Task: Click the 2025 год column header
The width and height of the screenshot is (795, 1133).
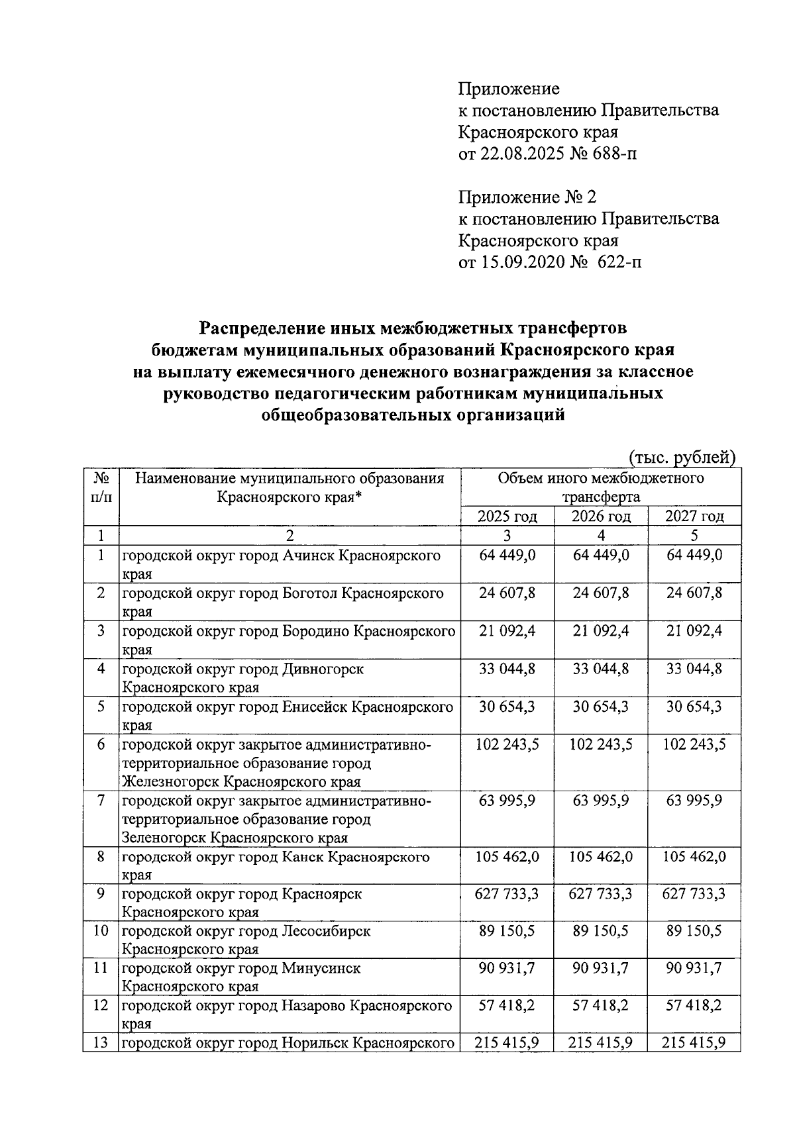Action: click(507, 516)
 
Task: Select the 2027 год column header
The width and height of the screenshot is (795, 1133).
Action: click(694, 516)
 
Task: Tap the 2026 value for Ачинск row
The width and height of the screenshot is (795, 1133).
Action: click(601, 555)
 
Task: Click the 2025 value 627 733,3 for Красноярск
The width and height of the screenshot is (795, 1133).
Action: click(507, 894)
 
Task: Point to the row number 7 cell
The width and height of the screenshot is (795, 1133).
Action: click(101, 801)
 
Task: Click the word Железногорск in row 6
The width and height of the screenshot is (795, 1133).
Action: click(171, 782)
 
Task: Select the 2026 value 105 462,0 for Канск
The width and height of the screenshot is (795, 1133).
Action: click(601, 857)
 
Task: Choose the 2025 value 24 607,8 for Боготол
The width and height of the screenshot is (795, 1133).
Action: click(507, 592)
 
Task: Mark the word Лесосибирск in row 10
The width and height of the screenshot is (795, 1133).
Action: click(326, 931)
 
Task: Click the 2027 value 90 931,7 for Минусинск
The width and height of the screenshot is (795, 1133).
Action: click(694, 968)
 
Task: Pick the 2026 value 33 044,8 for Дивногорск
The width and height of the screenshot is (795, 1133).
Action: click(601, 669)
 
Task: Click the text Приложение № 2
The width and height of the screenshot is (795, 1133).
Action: click(527, 197)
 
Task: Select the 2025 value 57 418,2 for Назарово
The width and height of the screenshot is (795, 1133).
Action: click(507, 1005)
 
